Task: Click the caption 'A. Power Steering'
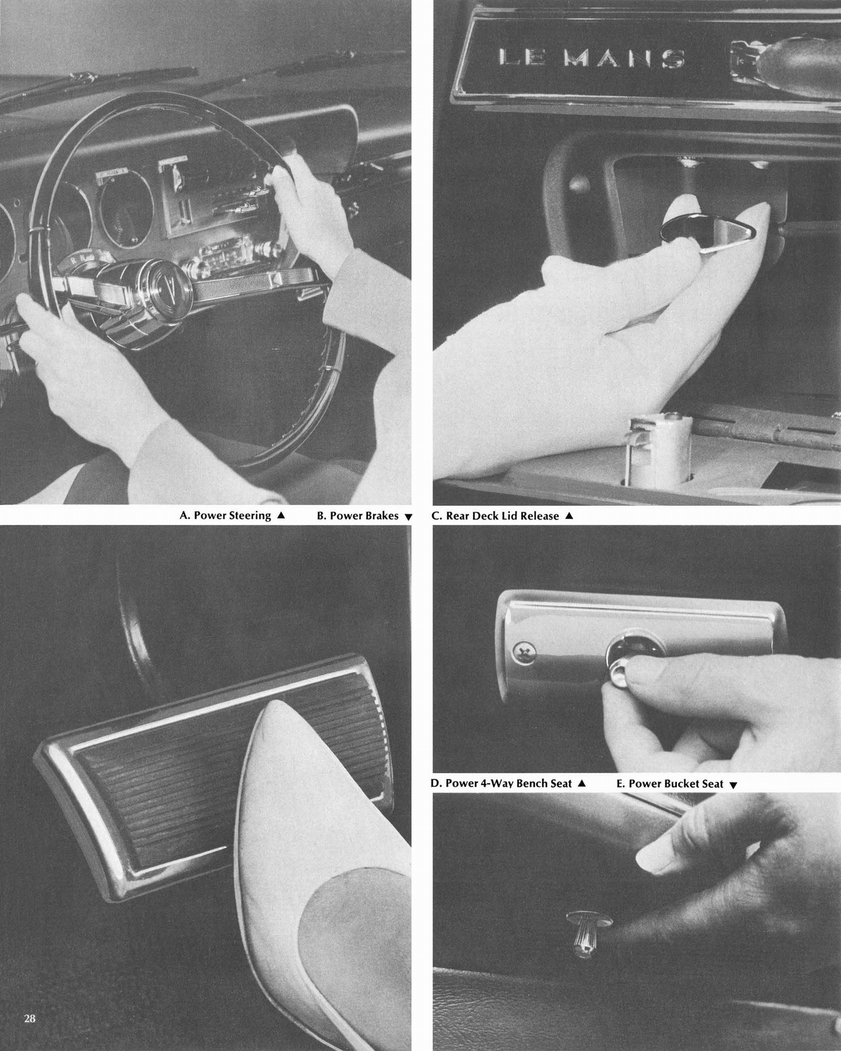225,516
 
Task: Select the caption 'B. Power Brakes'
357,516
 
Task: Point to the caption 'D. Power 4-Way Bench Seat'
501,784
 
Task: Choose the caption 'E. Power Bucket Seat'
670,784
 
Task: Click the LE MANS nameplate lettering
591,58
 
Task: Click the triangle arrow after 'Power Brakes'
408,517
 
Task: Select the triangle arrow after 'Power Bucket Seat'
733,785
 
